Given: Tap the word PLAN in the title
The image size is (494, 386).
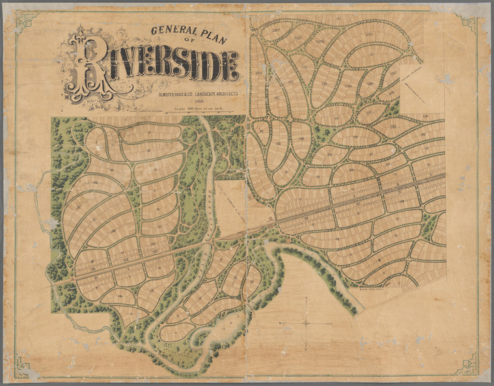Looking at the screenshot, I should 218,29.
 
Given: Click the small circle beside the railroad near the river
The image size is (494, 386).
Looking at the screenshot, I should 270,218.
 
